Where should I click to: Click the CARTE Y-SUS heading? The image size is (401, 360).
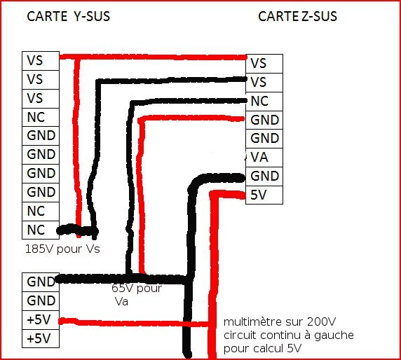(x=68, y=16)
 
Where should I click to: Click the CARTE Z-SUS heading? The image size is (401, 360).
(x=297, y=16)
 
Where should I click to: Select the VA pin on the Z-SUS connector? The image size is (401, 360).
(x=264, y=158)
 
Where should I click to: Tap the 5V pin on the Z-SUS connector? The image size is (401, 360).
(x=264, y=195)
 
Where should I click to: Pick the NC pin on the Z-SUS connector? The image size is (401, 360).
(x=264, y=102)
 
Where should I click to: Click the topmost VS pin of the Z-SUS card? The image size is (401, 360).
(x=264, y=64)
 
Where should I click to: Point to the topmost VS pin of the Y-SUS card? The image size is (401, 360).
(x=41, y=61)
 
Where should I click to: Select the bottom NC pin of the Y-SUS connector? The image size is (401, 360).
(x=41, y=230)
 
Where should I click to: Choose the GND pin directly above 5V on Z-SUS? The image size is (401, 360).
(x=264, y=176)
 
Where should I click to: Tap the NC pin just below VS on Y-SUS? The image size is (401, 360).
(x=41, y=117)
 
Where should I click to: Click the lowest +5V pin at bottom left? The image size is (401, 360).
(x=41, y=338)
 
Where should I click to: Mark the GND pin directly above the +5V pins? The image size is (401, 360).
(x=41, y=301)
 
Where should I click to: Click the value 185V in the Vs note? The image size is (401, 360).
(x=40, y=249)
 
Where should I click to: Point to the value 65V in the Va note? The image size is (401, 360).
(x=123, y=289)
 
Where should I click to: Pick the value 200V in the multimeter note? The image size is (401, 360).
(x=322, y=321)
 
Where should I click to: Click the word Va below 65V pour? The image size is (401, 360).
(x=121, y=302)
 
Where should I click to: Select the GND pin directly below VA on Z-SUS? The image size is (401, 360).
(x=264, y=176)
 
